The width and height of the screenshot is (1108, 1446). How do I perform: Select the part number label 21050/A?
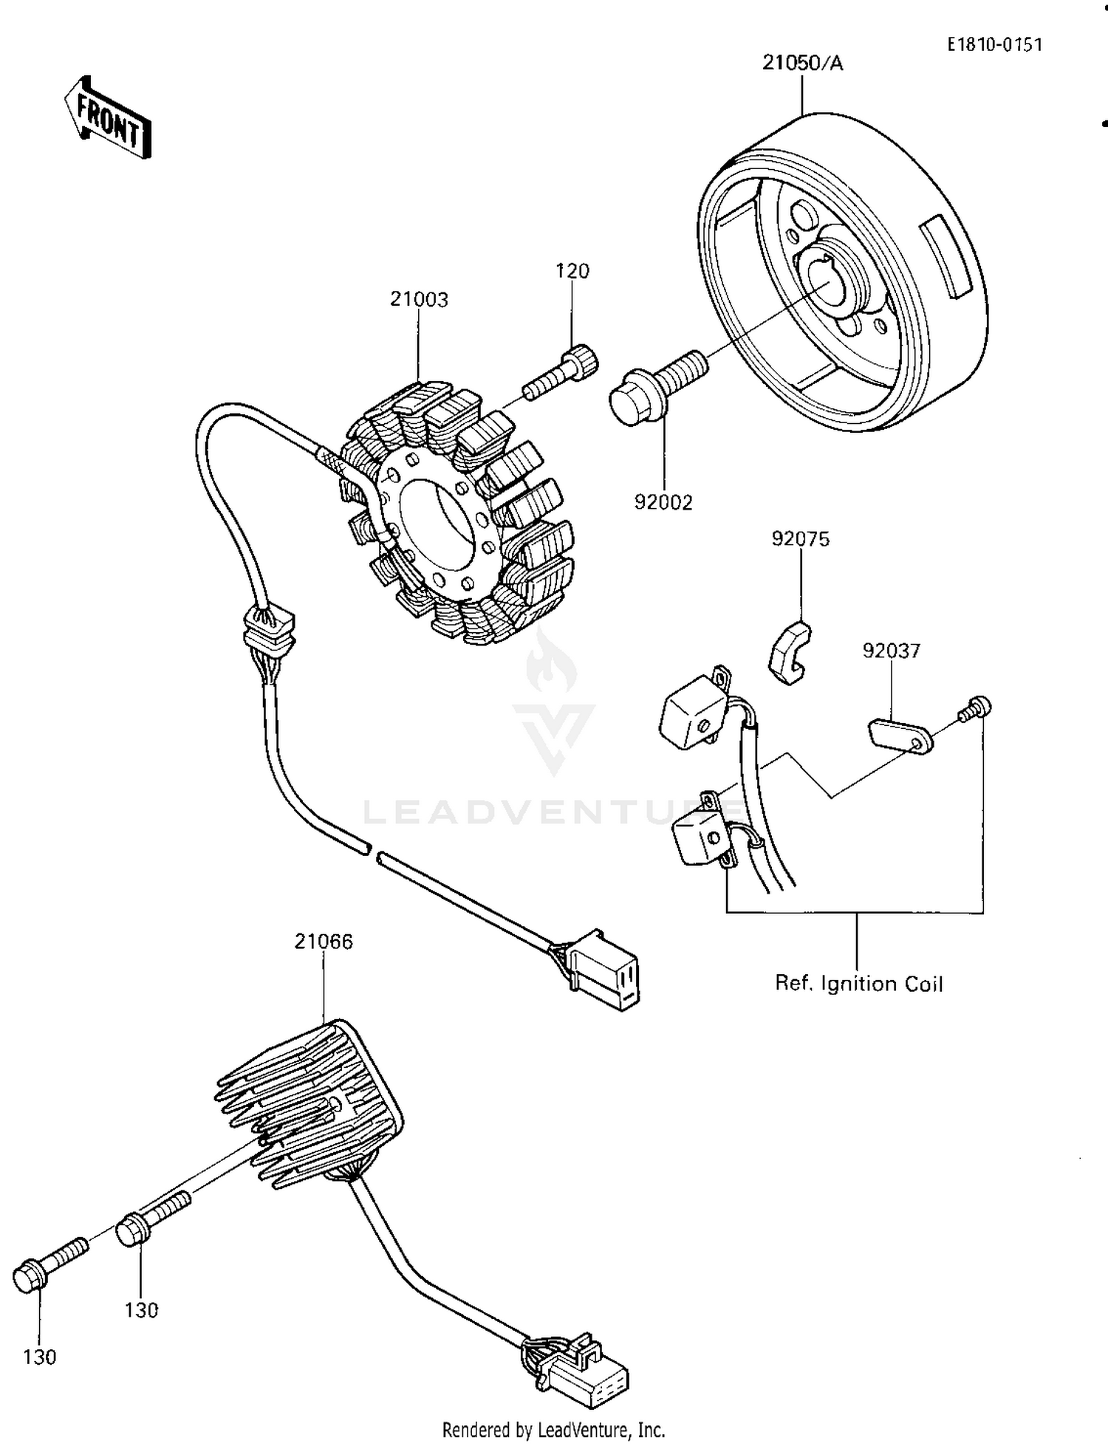[x=802, y=64]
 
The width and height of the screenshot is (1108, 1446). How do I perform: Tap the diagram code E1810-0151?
[x=995, y=45]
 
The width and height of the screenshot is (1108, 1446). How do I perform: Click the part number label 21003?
[x=419, y=299]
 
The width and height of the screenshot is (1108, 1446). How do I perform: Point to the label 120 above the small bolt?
[x=572, y=271]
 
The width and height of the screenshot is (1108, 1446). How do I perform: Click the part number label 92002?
[x=663, y=503]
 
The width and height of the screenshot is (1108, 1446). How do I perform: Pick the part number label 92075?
[x=801, y=539]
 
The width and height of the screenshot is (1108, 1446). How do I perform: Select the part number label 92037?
[x=892, y=651]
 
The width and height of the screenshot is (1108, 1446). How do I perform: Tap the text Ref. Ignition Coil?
[x=858, y=984]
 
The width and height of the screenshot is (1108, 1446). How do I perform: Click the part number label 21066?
[x=324, y=942]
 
